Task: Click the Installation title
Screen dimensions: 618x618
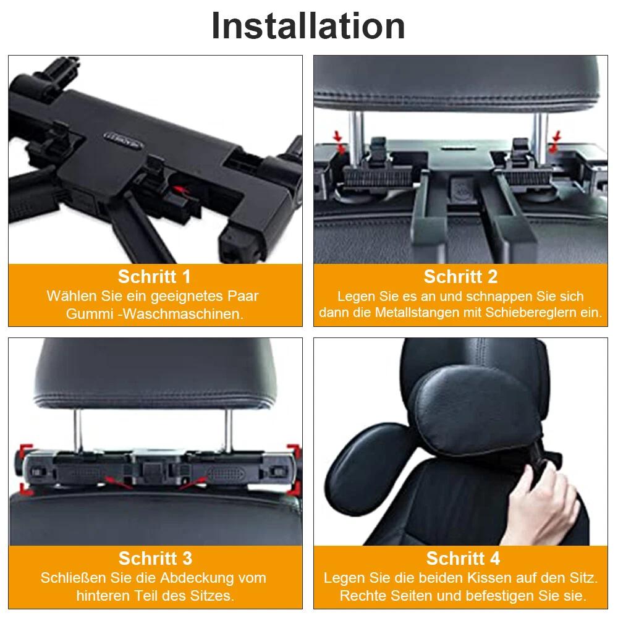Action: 308,26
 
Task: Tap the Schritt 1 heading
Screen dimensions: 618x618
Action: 154,277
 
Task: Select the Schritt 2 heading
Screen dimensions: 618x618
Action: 460,277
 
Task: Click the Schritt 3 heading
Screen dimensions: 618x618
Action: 155,559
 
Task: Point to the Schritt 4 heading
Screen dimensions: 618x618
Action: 463,559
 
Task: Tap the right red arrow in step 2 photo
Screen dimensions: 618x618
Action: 555,143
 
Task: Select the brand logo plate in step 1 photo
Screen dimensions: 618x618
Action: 123,140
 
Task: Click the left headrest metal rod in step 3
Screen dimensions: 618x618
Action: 78,430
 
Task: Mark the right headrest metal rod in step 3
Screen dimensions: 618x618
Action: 228,430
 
